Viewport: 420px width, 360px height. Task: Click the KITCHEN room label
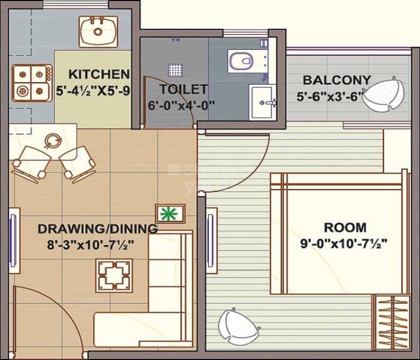[x=100, y=74]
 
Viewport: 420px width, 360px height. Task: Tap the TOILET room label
[x=184, y=89]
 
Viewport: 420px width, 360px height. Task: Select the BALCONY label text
[x=337, y=80]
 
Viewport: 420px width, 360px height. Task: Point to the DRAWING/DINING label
[x=98, y=229]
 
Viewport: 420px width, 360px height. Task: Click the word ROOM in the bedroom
[x=345, y=227]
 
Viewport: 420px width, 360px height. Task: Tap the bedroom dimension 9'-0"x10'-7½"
[x=344, y=244]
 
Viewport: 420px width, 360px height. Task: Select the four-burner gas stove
[x=31, y=82]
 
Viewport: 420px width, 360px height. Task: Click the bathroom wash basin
[x=262, y=103]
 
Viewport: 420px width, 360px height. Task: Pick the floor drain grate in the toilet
[x=175, y=70]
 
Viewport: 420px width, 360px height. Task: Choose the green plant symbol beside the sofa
[x=170, y=212]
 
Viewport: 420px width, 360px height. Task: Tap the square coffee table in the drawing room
[x=114, y=275]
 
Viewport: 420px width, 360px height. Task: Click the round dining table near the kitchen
[x=52, y=142]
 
